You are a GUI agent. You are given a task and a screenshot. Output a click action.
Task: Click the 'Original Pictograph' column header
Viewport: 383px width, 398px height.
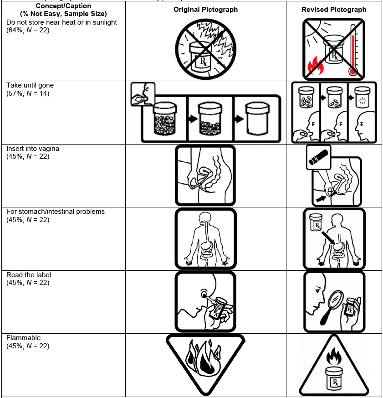(x=205, y=10)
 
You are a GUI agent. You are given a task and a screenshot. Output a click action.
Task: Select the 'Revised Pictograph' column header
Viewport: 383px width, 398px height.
(x=334, y=10)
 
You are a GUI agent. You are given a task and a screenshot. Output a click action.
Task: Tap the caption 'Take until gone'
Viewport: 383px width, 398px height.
(x=30, y=85)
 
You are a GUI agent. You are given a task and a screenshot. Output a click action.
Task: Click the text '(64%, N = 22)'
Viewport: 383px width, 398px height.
(x=28, y=30)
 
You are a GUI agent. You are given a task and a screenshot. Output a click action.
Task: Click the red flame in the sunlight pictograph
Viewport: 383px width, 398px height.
(x=315, y=66)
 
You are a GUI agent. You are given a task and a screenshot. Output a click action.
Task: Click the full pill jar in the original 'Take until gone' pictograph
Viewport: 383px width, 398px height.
(x=165, y=118)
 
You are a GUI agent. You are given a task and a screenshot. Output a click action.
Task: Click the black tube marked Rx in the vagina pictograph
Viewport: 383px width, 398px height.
(x=319, y=157)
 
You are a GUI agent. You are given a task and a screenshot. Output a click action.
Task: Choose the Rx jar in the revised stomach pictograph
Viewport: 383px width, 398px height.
(x=316, y=222)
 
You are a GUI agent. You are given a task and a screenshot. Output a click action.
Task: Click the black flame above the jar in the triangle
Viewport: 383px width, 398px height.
(x=334, y=356)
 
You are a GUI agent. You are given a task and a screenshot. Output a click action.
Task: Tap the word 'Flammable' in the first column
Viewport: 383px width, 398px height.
(x=24, y=338)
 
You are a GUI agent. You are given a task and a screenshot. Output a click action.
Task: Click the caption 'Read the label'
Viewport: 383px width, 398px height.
(x=29, y=275)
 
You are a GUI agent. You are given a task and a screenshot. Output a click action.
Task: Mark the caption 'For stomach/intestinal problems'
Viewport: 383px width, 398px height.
(x=56, y=212)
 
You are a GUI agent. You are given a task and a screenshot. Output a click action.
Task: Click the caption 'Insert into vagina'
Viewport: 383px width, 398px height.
(x=33, y=149)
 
